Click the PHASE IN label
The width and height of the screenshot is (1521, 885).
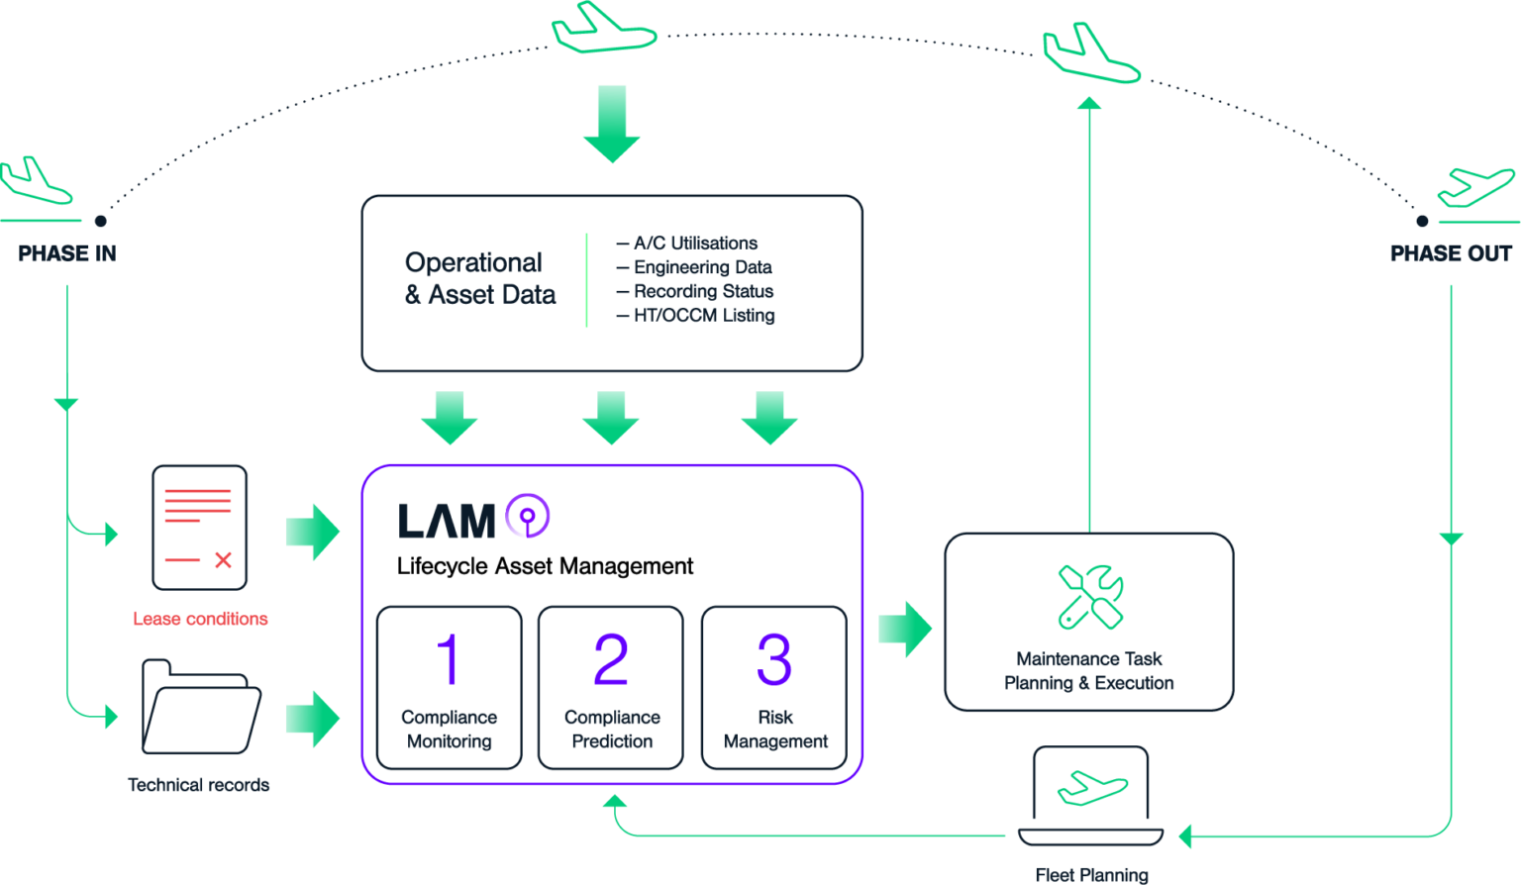(67, 253)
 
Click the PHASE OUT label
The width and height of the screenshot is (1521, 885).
(1451, 253)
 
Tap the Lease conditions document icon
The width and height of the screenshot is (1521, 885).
(199, 527)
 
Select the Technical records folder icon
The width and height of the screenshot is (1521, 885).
(200, 707)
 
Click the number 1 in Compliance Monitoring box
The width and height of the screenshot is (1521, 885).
(449, 659)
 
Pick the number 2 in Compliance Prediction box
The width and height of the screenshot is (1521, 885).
(611, 659)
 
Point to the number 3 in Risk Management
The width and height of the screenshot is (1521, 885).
(774, 659)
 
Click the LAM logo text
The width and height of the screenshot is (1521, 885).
(447, 521)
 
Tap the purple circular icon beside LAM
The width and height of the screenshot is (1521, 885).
(528, 516)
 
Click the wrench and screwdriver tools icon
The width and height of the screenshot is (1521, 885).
(1089, 596)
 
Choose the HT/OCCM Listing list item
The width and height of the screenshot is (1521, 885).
(703, 316)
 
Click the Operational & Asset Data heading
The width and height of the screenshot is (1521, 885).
(479, 278)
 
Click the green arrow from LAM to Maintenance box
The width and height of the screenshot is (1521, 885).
(905, 629)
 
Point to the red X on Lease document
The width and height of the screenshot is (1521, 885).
(223, 560)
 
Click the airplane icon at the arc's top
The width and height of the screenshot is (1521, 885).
(603, 30)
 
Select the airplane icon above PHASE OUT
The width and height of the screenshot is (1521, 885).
(1475, 187)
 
